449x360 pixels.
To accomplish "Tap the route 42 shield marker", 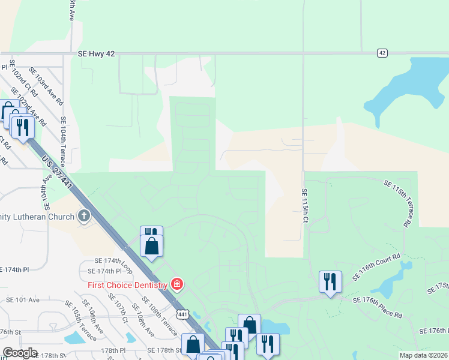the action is pos(382,53).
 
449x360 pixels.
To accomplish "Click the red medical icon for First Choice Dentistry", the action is pos(177,283).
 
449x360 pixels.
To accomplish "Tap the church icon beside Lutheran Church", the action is pos(85,216).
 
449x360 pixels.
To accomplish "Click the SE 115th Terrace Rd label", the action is pos(397,204).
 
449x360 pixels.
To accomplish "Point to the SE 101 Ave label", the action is pos(19,299).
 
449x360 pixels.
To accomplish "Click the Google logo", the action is pos(19,353).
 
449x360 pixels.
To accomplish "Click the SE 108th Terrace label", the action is pos(160,316).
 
